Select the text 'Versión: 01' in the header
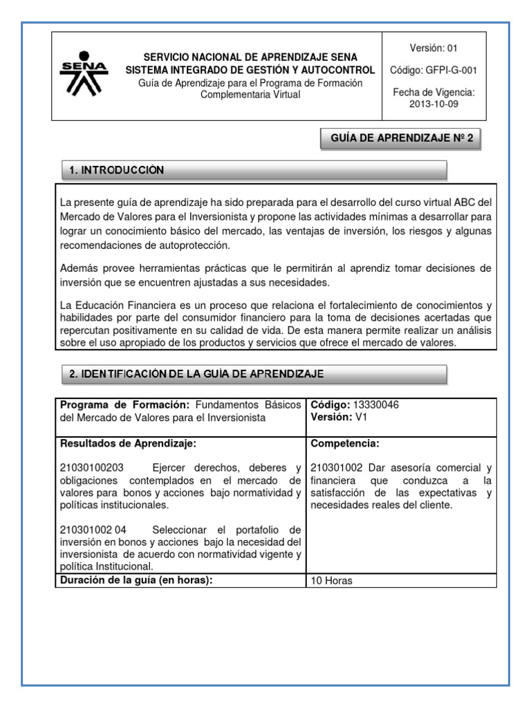click(434, 48)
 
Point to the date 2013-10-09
click(434, 104)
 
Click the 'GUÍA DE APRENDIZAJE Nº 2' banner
click(402, 138)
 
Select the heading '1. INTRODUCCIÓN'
click(117, 170)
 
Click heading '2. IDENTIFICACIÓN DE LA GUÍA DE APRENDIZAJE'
click(196, 374)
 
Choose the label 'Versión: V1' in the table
click(342, 418)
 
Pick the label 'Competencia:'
click(345, 443)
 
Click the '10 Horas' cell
click(332, 581)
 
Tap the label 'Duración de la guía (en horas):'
click(135, 580)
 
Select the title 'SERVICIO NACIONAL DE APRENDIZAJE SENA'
click(250, 57)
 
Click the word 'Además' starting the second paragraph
click(80, 268)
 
